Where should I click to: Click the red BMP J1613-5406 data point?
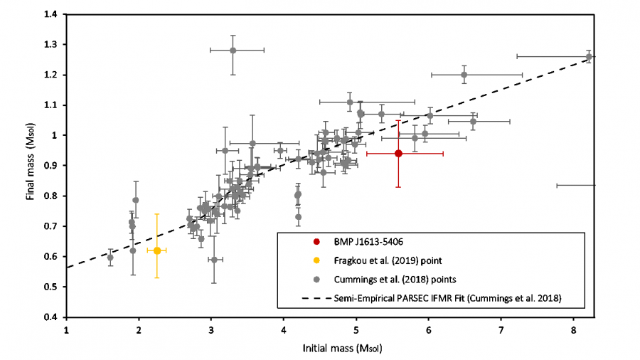click(x=398, y=153)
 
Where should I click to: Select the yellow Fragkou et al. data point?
click(x=156, y=250)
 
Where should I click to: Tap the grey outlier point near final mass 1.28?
click(x=233, y=50)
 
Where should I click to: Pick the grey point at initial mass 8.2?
click(x=589, y=56)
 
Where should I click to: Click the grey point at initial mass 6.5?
click(x=464, y=74)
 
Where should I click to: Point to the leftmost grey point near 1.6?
click(x=110, y=258)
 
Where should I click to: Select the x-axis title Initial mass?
click(x=330, y=350)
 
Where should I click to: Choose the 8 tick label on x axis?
click(x=573, y=331)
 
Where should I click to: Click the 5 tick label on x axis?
click(x=356, y=331)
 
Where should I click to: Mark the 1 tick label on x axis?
click(x=66, y=331)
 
